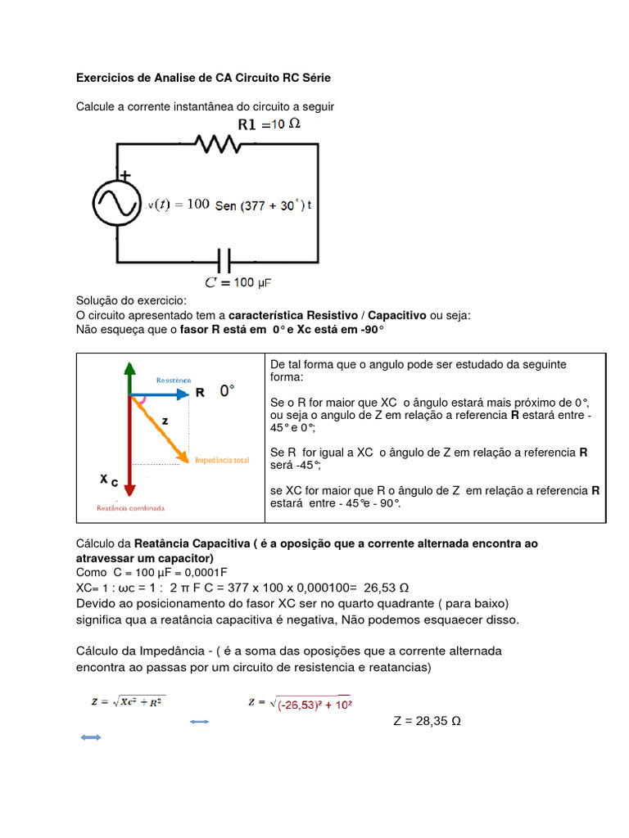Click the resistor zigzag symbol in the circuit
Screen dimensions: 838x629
pyautogui.click(x=218, y=145)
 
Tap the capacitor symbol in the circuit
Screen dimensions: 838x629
pyautogui.click(x=224, y=261)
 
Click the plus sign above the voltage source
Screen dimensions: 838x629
pyautogui.click(x=125, y=173)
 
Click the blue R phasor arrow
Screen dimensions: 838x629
pyautogui.click(x=164, y=394)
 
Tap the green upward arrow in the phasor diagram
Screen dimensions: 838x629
pyautogui.click(x=129, y=376)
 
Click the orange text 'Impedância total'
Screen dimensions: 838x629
pyautogui.click(x=221, y=460)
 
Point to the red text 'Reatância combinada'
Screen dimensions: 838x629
pyautogui.click(x=131, y=508)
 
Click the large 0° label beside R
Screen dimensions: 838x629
pyautogui.click(x=227, y=392)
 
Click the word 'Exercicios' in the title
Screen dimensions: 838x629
pyautogui.click(x=105, y=78)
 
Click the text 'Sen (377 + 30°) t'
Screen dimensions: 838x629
pyautogui.click(x=263, y=206)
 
